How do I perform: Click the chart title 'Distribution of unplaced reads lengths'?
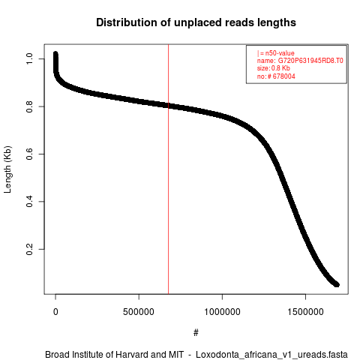(196, 22)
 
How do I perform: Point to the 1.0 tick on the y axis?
(29, 58)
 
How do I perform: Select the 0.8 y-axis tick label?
(29, 106)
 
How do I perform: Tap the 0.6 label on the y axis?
(29, 154)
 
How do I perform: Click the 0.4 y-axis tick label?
(29, 202)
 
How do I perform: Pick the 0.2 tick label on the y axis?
(29, 249)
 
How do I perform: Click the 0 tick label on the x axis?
(55, 312)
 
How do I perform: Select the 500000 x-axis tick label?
(139, 312)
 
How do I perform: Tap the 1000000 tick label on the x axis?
(222, 312)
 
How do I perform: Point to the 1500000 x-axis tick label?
(305, 312)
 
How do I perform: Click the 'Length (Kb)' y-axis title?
(7, 169)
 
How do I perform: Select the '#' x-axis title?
(196, 333)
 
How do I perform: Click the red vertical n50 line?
(169, 169)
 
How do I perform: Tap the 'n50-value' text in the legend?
(280, 53)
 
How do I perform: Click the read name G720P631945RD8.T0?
(310, 61)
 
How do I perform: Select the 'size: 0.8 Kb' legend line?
(274, 68)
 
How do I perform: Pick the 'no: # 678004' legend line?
(276, 76)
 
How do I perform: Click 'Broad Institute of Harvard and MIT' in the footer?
(114, 355)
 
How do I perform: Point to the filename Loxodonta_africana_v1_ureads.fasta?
(271, 355)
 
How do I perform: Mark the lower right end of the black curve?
(337, 284)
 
